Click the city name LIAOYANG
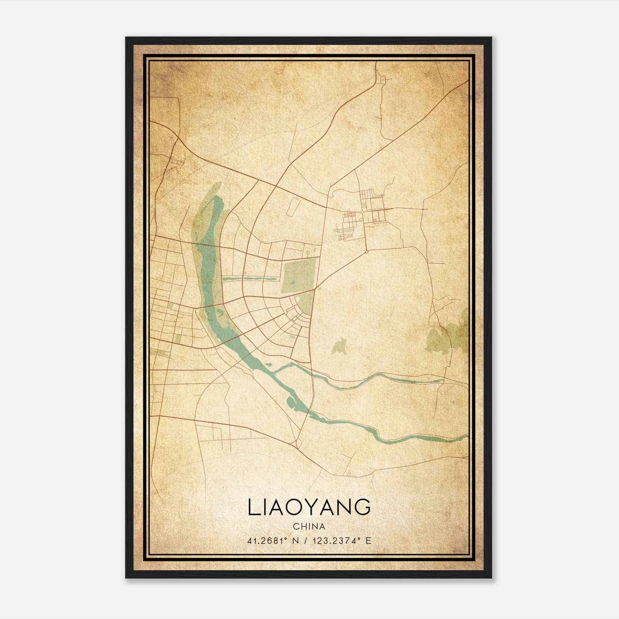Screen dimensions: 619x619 tap(309, 508)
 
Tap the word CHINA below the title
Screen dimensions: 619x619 tap(309, 527)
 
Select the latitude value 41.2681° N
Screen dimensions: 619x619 tap(273, 540)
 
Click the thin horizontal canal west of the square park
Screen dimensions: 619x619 tap(250, 278)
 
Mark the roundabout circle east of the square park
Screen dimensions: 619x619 tap(366, 252)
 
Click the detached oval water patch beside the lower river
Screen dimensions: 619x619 tap(291, 402)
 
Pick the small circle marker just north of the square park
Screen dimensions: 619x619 tap(308, 253)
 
